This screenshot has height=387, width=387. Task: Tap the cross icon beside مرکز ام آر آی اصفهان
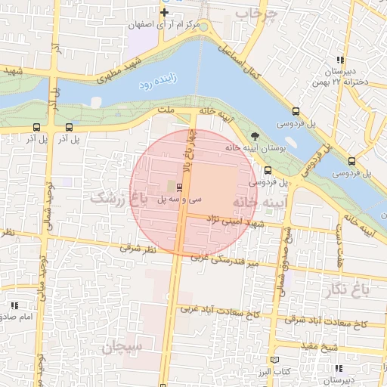click(x=164, y=13)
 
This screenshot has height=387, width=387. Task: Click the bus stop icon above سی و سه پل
click(x=179, y=187)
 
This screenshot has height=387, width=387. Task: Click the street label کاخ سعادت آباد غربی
click(x=220, y=309)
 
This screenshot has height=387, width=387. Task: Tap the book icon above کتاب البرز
click(x=275, y=361)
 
